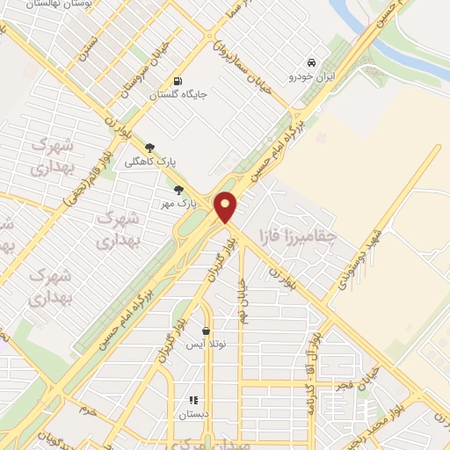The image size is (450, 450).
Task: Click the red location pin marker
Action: click(x=227, y=207)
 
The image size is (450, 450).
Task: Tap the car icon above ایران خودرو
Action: click(x=311, y=63)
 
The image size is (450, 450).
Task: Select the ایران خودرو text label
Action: click(x=311, y=77)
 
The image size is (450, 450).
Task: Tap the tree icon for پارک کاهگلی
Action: click(x=149, y=148)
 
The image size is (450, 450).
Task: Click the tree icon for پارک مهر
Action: click(x=179, y=190)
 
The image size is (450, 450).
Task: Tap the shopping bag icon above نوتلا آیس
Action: click(x=206, y=331)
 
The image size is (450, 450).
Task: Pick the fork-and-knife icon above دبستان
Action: click(x=193, y=400)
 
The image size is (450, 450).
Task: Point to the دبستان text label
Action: click(x=193, y=414)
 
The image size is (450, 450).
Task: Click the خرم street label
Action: click(x=85, y=410)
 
